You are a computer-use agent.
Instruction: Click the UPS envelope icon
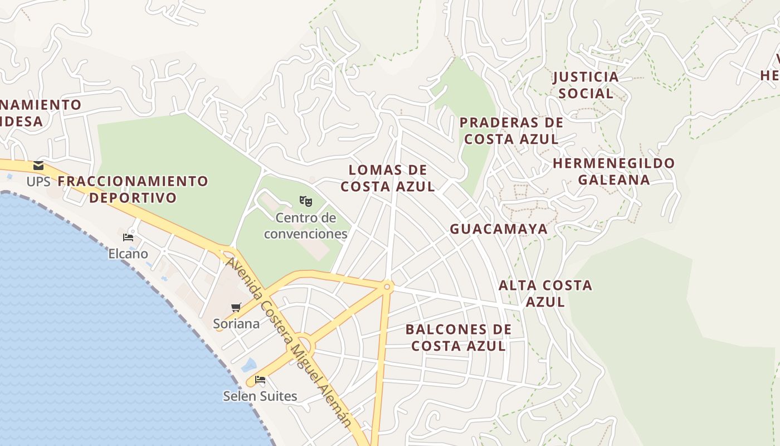(38, 166)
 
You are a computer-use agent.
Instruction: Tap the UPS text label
(38, 182)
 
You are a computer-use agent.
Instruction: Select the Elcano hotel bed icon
(128, 237)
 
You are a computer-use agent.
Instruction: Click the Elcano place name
(128, 254)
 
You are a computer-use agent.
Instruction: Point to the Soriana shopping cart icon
(236, 307)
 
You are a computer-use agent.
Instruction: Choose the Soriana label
(236, 323)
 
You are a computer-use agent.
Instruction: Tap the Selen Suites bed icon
(260, 380)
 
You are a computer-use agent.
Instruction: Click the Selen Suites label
(260, 396)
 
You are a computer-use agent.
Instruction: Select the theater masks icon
(305, 201)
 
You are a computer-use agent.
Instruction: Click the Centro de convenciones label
(306, 226)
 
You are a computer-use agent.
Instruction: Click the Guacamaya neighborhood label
(499, 229)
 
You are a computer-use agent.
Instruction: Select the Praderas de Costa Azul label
(511, 131)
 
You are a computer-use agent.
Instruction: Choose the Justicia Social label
(586, 85)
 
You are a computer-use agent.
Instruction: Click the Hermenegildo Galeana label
(613, 172)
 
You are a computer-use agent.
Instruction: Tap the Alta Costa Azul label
(545, 294)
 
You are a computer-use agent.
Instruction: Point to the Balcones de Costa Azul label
(459, 338)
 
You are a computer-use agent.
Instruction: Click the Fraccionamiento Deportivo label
(133, 190)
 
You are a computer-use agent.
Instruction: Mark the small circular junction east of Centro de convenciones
(387, 287)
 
